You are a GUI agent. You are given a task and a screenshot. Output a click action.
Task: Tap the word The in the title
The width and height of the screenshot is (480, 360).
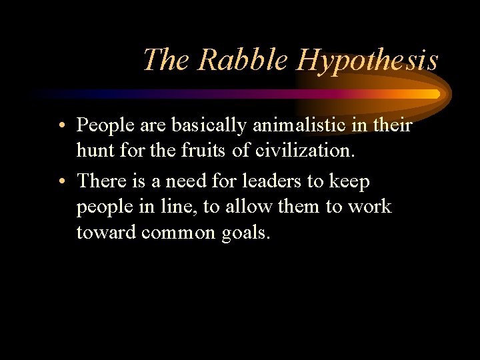coord(166,60)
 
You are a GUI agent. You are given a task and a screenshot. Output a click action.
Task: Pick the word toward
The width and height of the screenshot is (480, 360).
coord(105,233)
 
